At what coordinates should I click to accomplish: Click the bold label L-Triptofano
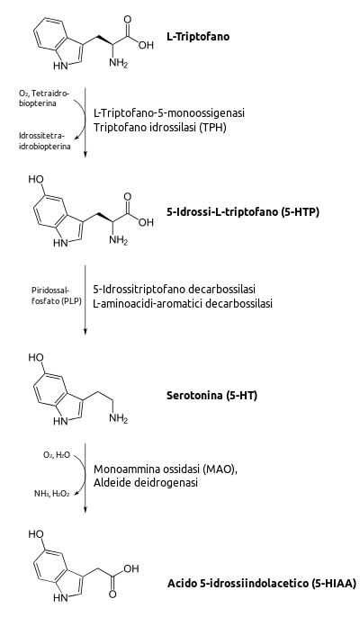coord(198,37)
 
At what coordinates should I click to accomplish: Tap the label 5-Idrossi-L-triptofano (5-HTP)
coord(243,211)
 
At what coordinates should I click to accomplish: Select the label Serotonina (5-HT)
coord(211,395)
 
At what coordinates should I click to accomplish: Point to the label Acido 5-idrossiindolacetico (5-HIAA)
coord(261,583)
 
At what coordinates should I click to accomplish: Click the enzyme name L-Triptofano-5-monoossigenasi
coord(169,113)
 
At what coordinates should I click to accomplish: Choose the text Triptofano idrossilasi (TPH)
coord(160,128)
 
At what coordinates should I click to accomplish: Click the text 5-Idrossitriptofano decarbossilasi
coord(174,289)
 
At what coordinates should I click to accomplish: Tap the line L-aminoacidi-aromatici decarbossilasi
coord(183,304)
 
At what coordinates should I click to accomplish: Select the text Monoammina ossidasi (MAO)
coord(166,469)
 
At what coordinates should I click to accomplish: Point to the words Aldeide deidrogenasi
coord(145,482)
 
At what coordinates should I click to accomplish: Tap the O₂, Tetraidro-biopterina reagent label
coord(44,98)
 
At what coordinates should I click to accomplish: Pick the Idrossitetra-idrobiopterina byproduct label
coord(45,141)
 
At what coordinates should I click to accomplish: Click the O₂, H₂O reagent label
coord(57,455)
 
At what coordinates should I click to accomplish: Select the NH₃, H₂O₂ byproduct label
coord(51,494)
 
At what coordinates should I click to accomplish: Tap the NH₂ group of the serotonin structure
coord(119,419)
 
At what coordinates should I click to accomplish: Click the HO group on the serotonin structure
coord(36,358)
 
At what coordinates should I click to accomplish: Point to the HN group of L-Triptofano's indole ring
coord(60,67)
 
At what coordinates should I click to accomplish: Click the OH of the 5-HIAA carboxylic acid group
coord(130,568)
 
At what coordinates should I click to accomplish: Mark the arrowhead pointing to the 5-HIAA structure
coord(85,510)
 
